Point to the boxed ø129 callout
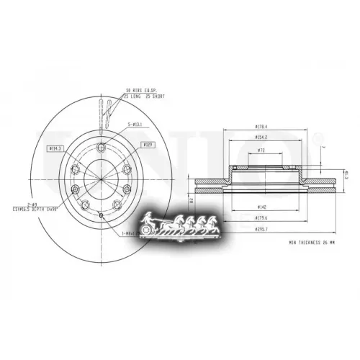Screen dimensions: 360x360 [x=149, y=145]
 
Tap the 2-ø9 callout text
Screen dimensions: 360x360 [x=32, y=204]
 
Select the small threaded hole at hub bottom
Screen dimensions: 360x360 [x=102, y=216]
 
